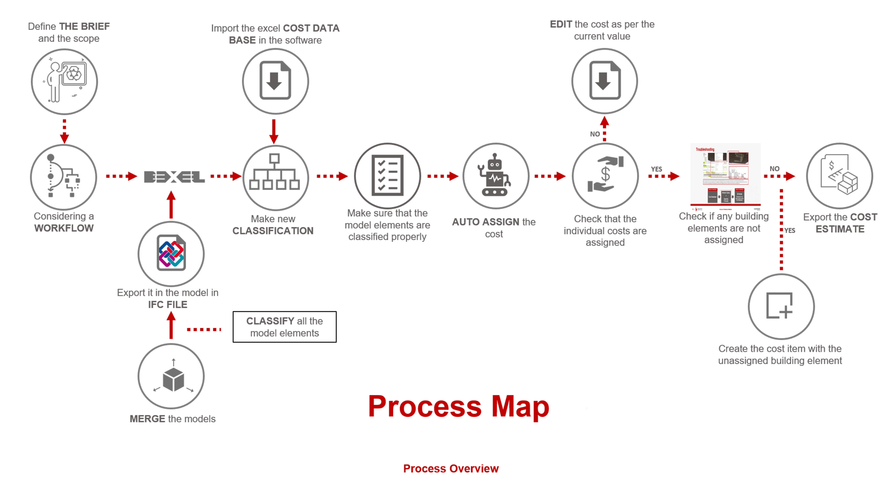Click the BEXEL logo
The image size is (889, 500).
174,177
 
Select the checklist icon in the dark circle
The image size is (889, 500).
387,175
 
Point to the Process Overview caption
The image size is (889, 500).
451,468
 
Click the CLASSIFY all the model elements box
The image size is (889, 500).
284,327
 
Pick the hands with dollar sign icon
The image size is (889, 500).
605,175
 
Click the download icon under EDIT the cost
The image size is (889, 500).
604,80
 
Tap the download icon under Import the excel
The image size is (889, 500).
275,80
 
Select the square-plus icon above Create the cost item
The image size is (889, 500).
781,306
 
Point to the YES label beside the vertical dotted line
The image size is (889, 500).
790,230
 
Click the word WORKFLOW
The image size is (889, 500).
64,228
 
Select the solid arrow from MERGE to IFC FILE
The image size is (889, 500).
171,325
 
